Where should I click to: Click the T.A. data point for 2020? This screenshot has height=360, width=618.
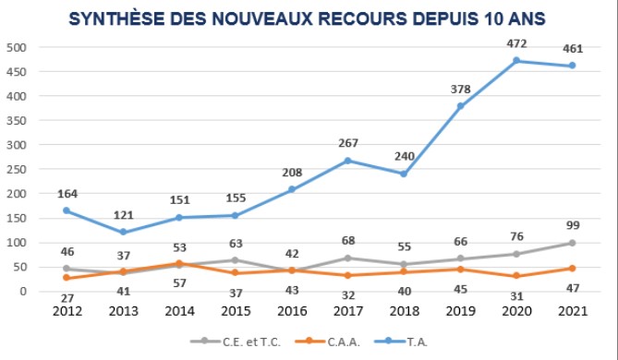point(516,61)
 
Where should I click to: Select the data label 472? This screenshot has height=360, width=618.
point(515,43)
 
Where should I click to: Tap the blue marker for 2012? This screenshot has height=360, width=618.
point(66,210)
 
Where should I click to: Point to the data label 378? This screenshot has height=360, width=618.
point(460,89)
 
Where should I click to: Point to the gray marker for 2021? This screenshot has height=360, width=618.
point(572,243)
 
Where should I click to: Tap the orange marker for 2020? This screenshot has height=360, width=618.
point(516,276)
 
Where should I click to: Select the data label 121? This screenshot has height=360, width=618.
point(122,215)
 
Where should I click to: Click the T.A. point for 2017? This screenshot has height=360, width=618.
point(347,161)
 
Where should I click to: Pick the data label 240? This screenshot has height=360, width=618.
point(404,156)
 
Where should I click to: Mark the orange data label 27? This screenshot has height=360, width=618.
point(66,297)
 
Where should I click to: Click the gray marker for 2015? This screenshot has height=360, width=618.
point(235,260)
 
